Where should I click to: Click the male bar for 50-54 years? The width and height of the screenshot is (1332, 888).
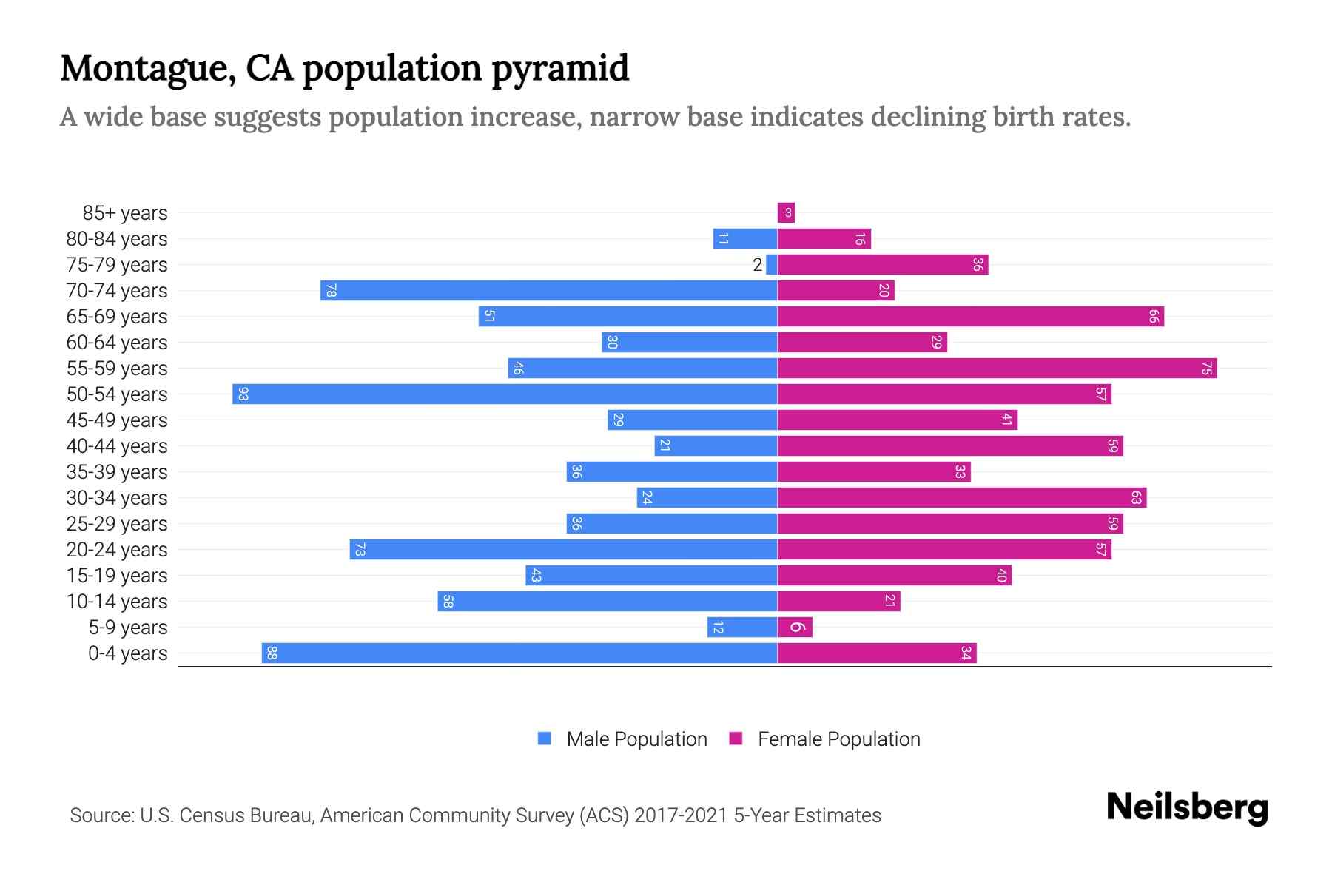click(505, 394)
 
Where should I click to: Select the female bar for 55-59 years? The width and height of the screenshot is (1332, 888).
click(997, 368)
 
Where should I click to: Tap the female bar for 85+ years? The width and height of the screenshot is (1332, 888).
click(786, 213)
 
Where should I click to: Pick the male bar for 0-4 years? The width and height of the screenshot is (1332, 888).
click(519, 653)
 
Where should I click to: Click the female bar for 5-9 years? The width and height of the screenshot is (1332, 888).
click(795, 628)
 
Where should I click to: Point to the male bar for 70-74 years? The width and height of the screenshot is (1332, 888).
click(548, 290)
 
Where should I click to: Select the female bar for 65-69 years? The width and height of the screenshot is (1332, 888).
click(970, 317)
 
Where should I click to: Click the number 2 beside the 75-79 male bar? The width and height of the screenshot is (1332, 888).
click(757, 265)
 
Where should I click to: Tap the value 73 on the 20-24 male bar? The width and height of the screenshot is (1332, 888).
click(360, 550)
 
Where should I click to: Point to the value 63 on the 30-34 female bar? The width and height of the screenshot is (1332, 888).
click(1136, 498)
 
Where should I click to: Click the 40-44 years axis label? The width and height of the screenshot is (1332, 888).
click(117, 446)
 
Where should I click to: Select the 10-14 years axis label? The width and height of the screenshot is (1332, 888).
click(117, 602)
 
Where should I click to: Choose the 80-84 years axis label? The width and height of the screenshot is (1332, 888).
click(117, 239)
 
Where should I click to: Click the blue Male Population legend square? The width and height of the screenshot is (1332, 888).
click(545, 739)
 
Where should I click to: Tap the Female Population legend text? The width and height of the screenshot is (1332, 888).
click(838, 739)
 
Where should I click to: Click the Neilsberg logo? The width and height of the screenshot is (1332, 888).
click(1187, 807)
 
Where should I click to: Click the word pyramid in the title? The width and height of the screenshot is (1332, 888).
click(560, 69)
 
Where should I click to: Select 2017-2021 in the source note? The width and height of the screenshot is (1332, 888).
click(681, 815)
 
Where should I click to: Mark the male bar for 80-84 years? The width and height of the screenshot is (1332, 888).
click(744, 238)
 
